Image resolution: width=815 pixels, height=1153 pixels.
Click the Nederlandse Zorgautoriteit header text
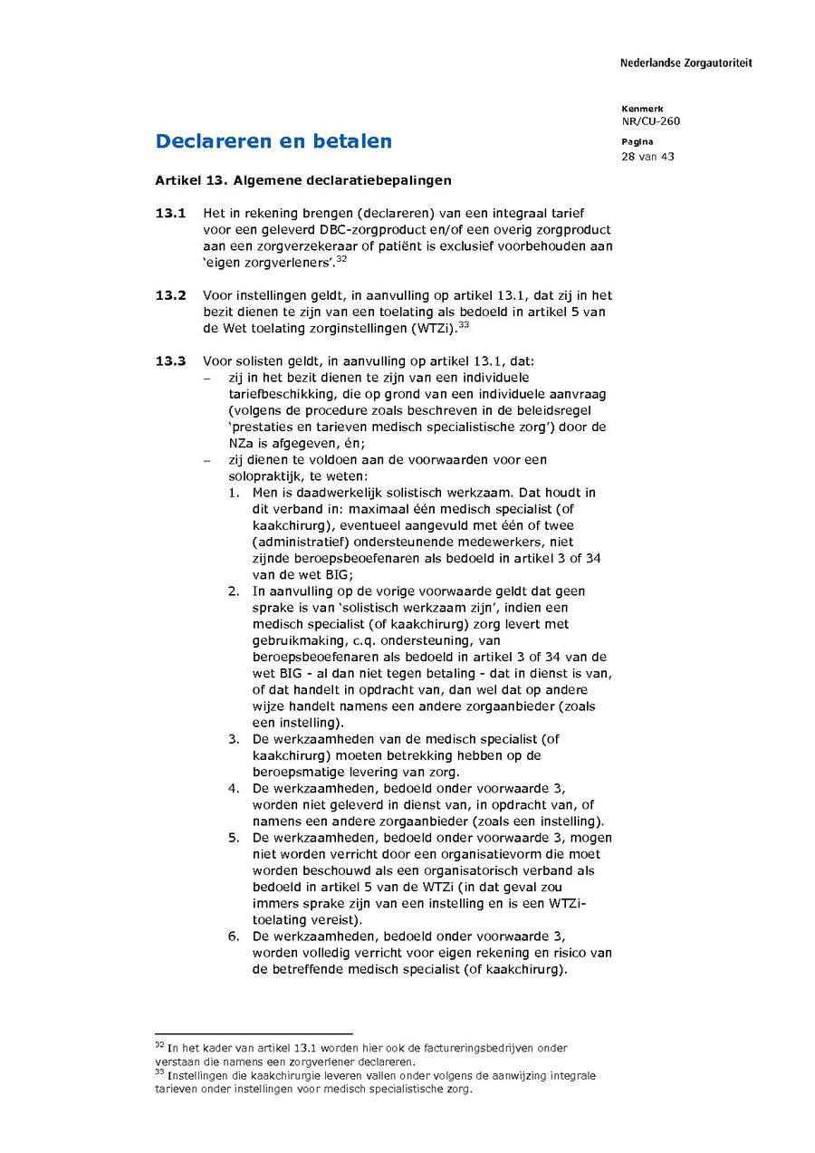(686, 63)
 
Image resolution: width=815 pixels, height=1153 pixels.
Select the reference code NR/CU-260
(650, 121)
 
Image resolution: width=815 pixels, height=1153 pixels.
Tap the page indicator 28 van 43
(647, 157)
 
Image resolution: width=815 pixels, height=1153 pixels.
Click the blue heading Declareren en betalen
(273, 141)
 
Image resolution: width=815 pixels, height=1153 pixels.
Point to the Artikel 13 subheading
(302, 180)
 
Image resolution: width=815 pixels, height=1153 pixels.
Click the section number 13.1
(170, 214)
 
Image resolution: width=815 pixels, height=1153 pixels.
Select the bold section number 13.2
(170, 295)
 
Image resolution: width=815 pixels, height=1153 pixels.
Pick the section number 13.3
(170, 361)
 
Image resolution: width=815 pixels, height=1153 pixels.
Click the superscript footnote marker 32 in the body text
(341, 259)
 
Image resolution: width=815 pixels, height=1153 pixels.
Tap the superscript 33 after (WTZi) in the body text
(463, 324)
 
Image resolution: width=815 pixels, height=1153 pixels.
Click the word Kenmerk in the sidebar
(642, 109)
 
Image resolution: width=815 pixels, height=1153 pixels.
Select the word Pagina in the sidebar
(637, 142)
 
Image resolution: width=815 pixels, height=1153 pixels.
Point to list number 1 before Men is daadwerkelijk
(233, 493)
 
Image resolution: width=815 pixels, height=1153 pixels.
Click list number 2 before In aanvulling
(233, 591)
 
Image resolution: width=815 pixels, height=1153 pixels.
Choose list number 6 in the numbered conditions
(233, 937)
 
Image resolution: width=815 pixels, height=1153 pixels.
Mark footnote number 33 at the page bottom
(159, 1073)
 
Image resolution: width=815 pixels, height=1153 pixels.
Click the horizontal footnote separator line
(254, 1033)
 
